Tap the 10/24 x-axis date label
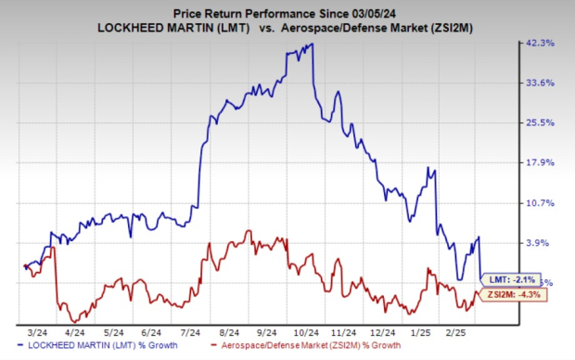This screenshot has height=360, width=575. [296, 329]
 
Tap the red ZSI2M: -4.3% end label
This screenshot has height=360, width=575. [512, 295]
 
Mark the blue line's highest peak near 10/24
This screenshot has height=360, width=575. [311, 44]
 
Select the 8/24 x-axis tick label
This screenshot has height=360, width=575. [221, 329]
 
